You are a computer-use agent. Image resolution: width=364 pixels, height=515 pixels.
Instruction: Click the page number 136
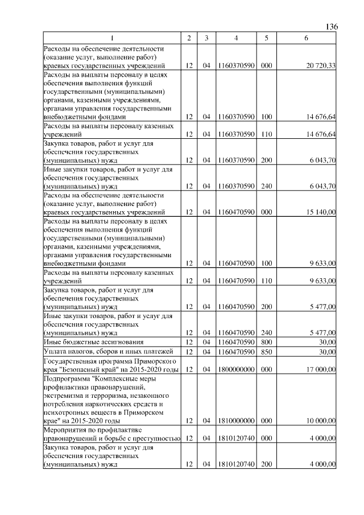[x=332, y=27]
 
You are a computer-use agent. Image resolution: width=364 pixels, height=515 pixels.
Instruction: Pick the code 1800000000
[x=235, y=370]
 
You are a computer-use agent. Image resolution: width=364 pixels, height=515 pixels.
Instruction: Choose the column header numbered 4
[x=235, y=38]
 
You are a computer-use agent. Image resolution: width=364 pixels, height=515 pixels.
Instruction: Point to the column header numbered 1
[x=112, y=38]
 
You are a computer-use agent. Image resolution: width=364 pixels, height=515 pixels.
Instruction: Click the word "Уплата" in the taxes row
[x=55, y=352]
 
